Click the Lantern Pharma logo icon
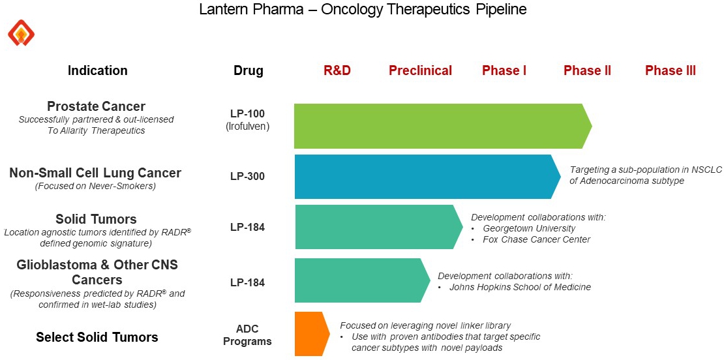[21, 33]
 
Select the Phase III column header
[670, 70]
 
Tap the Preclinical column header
[420, 70]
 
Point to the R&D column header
[337, 70]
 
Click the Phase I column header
[504, 70]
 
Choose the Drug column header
[248, 70]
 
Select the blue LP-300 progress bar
[424, 177]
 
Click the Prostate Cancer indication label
[96, 106]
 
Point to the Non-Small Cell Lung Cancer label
[95, 173]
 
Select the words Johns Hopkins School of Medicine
[520, 287]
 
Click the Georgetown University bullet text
[529, 228]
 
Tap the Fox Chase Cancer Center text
[536, 239]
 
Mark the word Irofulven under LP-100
[247, 126]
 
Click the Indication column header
[98, 70]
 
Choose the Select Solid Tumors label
[97, 337]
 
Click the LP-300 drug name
[247, 176]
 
